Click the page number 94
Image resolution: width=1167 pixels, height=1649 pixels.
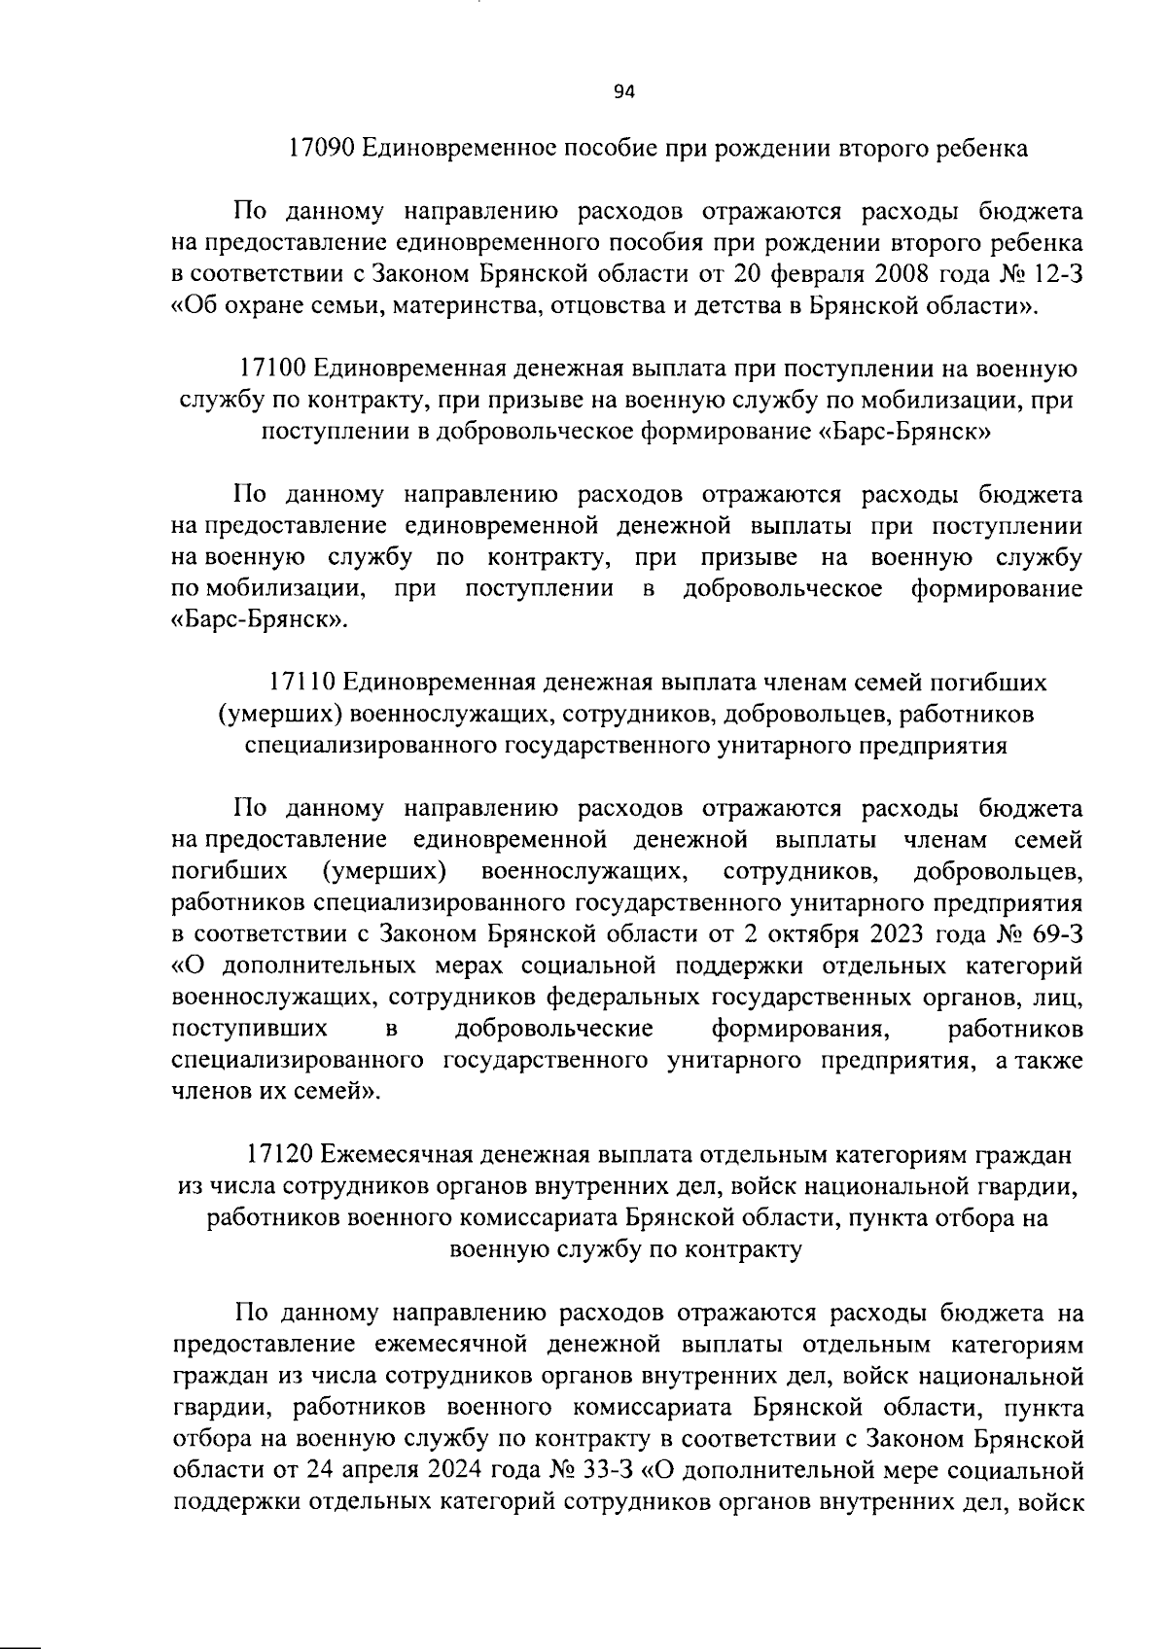[623, 91]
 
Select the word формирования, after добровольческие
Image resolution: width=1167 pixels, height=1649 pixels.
[797, 1029]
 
